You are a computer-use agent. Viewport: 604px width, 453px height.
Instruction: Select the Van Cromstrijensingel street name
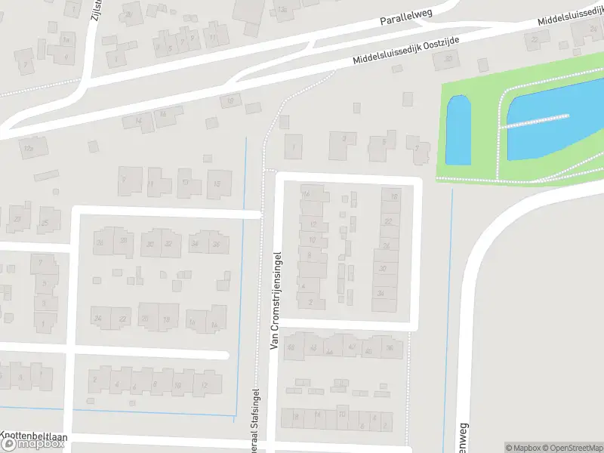(x=275, y=300)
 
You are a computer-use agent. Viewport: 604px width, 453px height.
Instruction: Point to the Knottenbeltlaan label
(x=34, y=436)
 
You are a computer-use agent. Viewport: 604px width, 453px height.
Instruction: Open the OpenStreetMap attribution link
(x=572, y=448)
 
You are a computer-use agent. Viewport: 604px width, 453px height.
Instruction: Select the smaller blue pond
(x=458, y=131)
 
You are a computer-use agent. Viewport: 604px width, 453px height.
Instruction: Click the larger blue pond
(x=555, y=121)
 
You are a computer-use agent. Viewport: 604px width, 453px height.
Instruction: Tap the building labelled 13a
(x=283, y=9)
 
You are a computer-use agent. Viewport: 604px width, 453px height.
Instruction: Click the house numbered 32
(x=168, y=243)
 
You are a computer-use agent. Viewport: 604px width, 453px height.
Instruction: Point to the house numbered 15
(x=219, y=183)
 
